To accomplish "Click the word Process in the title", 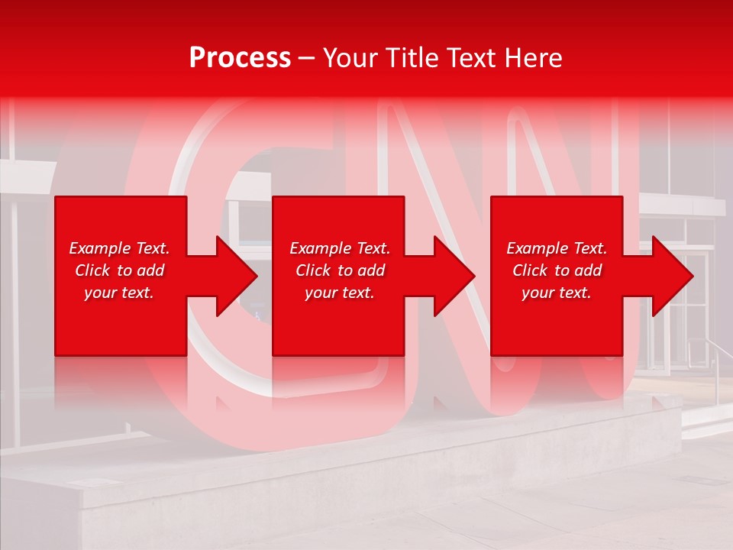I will tap(240, 58).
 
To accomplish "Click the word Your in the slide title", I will tap(350, 58).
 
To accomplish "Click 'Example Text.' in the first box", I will tap(119, 248).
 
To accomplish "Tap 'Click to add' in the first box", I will tap(119, 270).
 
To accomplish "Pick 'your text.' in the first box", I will tap(119, 293).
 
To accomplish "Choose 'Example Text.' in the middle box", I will tap(340, 248).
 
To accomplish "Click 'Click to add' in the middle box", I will tap(340, 270).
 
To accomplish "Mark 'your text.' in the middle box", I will tap(340, 293).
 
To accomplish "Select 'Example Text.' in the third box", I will tap(557, 248).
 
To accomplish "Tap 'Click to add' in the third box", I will tap(557, 270).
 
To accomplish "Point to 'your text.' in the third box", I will tap(557, 293).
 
